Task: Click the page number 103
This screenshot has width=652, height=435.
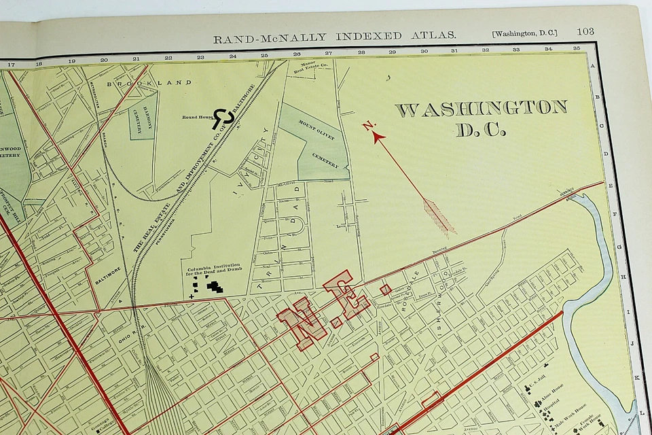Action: point(585,31)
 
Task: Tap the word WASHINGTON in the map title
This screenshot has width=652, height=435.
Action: point(481,109)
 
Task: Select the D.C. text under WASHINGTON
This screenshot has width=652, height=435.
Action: point(481,130)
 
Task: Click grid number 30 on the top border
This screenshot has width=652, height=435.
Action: point(424,51)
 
